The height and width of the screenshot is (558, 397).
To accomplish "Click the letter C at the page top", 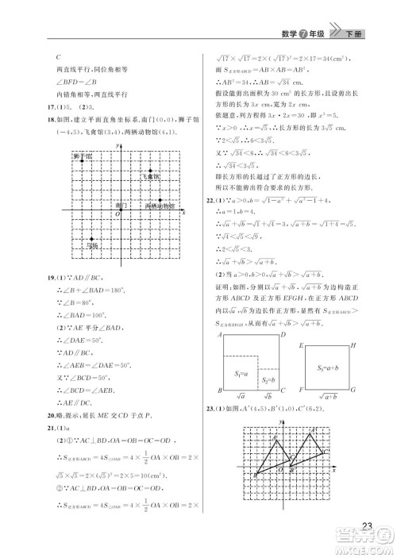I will [60, 57].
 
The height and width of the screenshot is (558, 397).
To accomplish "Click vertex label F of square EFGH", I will [300, 391].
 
